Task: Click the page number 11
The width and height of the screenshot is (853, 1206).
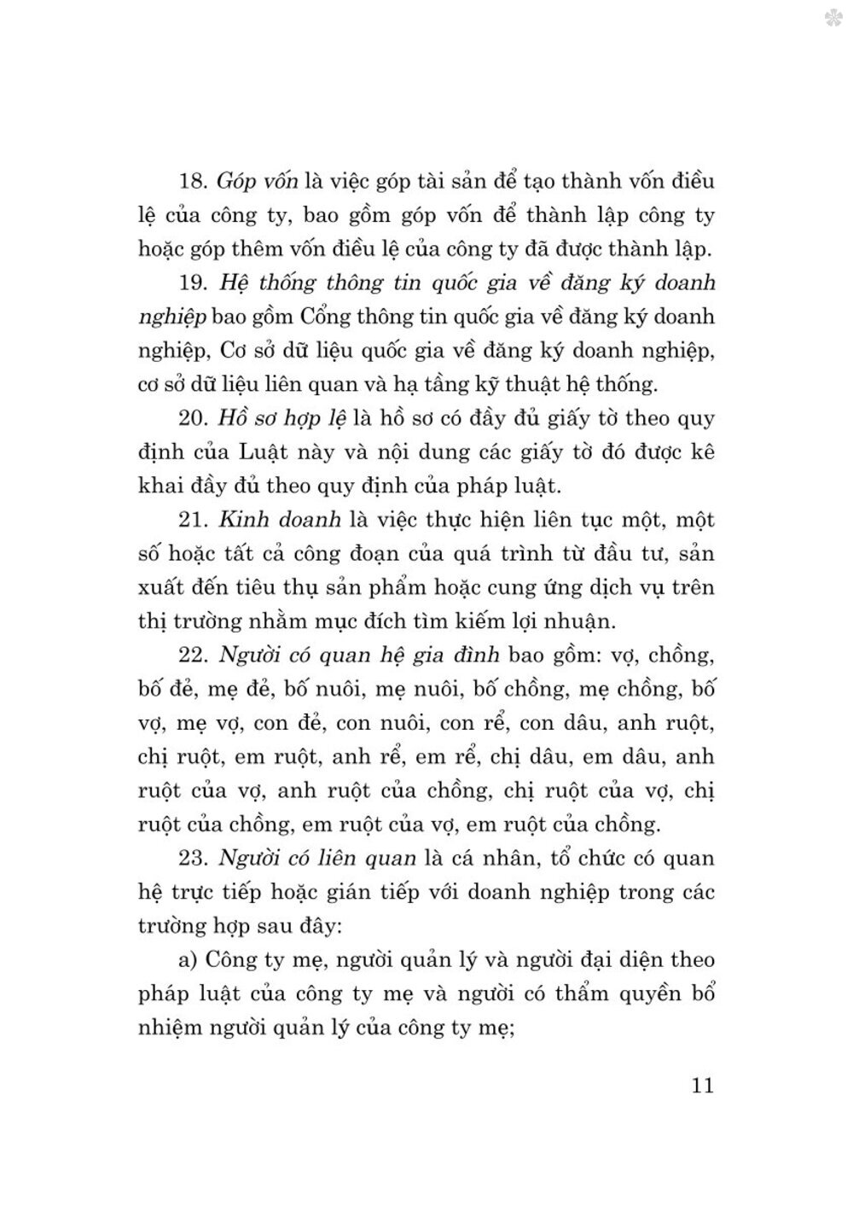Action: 698,1087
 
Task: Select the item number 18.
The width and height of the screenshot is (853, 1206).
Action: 192,182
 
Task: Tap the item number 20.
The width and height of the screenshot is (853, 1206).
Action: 192,419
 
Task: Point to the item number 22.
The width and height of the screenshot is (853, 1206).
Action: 192,655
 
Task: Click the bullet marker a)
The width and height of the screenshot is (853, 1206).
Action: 188,960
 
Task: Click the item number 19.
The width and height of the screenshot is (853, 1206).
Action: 192,283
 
